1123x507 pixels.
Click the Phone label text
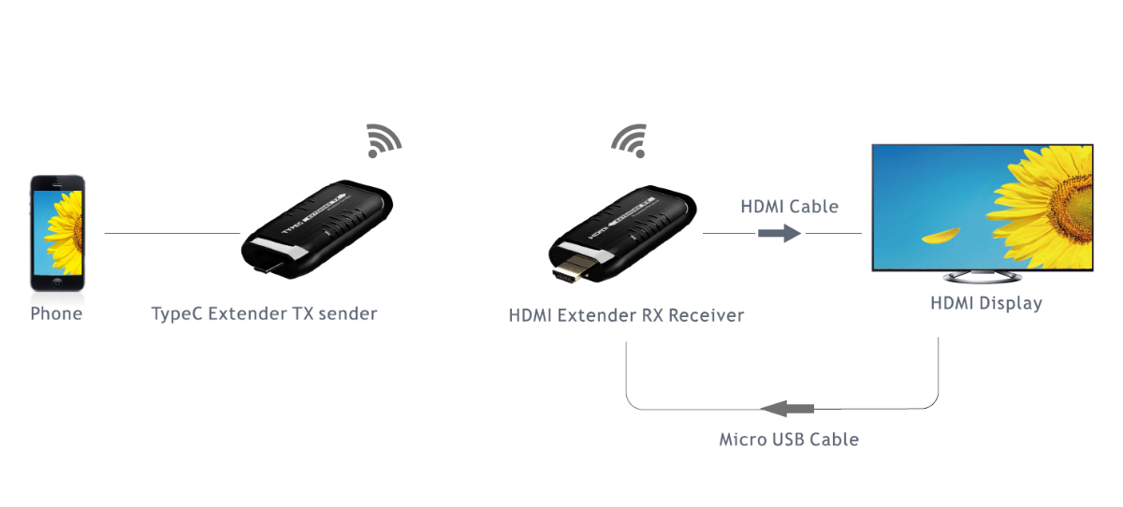click(x=56, y=313)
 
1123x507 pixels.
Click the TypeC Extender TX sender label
click(x=264, y=313)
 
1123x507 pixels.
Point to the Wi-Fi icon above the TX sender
click(x=383, y=140)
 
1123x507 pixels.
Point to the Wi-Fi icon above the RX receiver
click(x=628, y=140)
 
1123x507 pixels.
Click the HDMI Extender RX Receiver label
click(x=626, y=315)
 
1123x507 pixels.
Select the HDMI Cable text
click(x=789, y=206)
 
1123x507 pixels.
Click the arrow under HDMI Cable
click(x=780, y=233)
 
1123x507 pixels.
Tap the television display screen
click(x=982, y=207)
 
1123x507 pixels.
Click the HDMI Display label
click(x=985, y=303)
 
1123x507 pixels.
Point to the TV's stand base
click(x=982, y=278)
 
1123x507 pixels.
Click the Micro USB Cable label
click(x=788, y=439)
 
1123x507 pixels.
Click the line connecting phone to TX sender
click(x=172, y=233)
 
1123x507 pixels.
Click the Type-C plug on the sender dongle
click(x=268, y=271)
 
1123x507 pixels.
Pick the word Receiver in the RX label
click(x=707, y=315)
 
